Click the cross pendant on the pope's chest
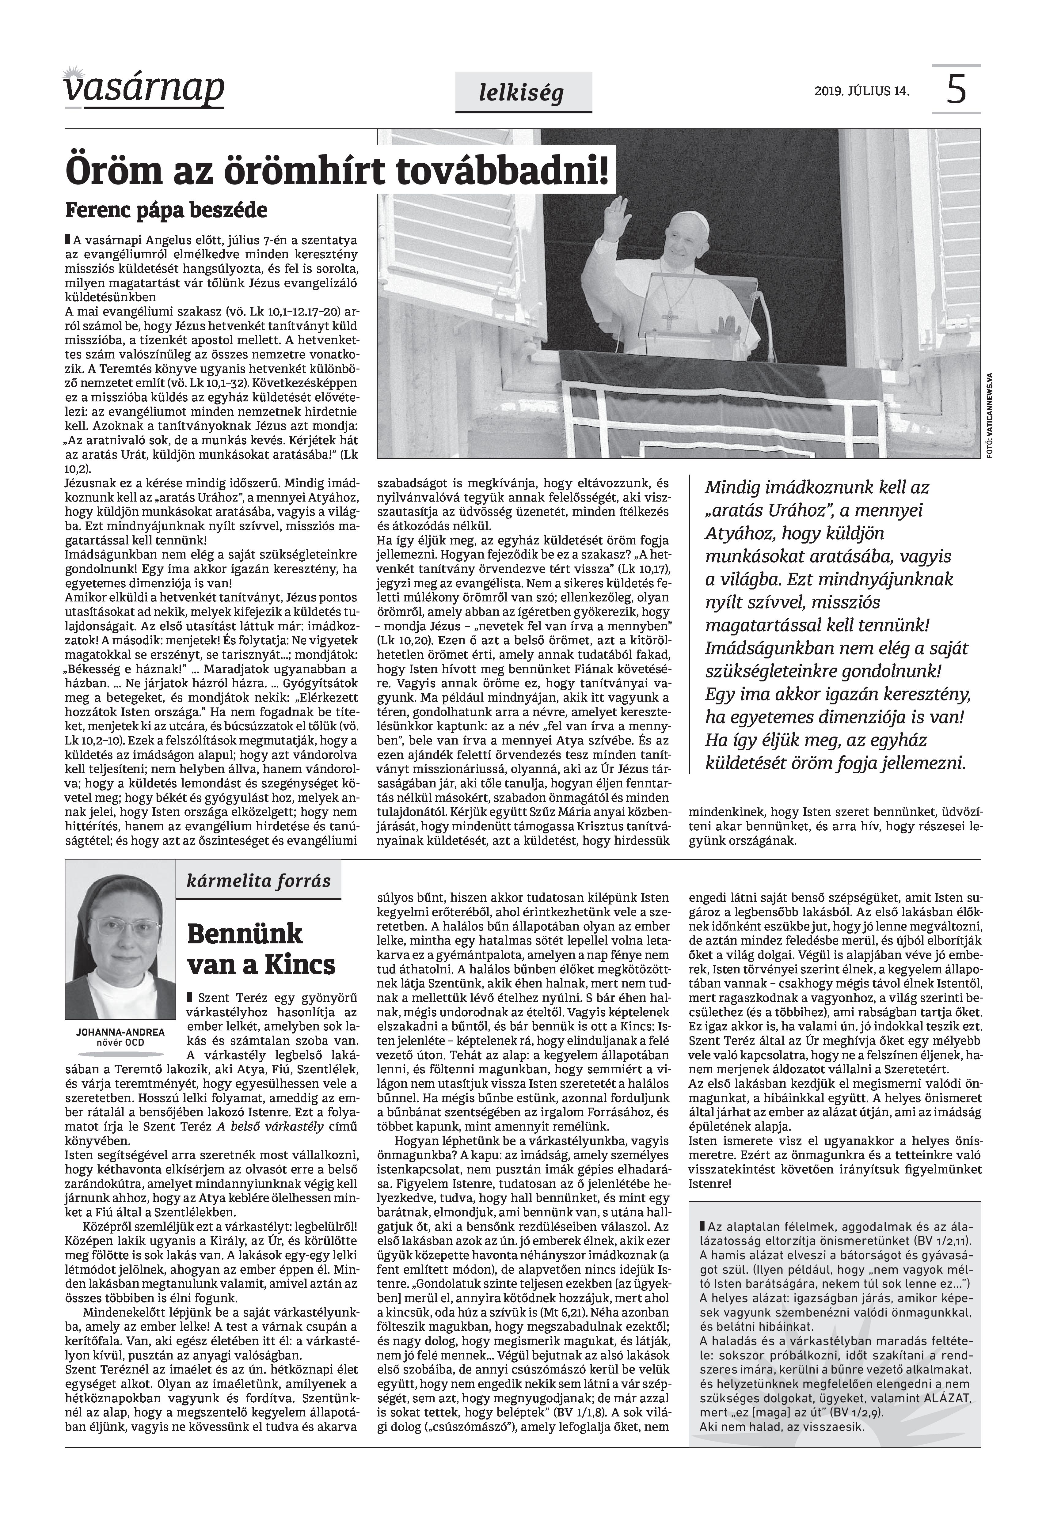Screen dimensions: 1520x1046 669,320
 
